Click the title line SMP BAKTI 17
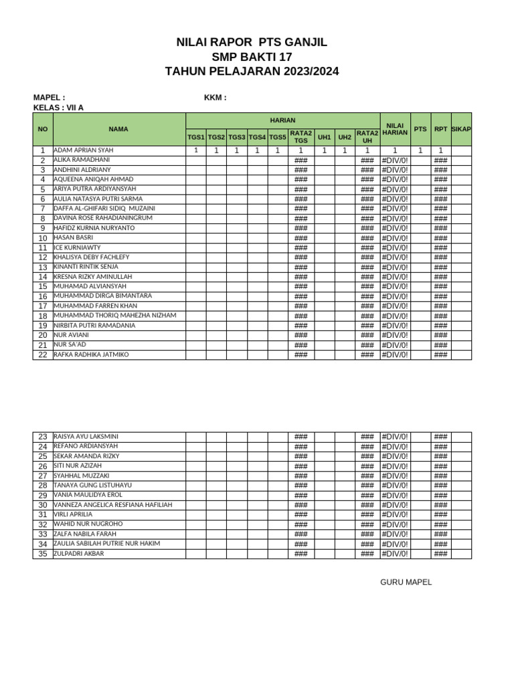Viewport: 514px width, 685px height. [x=252, y=57]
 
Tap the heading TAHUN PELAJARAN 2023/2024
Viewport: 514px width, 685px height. [x=252, y=71]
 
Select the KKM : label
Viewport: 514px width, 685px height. [x=215, y=98]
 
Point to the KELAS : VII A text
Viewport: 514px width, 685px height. [x=58, y=108]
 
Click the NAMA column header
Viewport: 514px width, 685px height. [x=118, y=129]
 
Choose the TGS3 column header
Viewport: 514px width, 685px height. [x=237, y=137]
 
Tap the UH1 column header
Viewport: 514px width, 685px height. [x=325, y=137]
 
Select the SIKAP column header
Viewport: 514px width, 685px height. [x=461, y=128]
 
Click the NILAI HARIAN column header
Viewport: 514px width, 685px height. [x=395, y=128]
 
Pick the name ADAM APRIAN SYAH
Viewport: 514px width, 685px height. [x=84, y=151]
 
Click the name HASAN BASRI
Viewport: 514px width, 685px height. [x=73, y=237]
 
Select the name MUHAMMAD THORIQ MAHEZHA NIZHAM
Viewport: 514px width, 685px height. [x=114, y=315]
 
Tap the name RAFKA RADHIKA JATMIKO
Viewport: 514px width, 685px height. [x=91, y=354]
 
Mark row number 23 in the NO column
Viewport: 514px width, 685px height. [x=42, y=437]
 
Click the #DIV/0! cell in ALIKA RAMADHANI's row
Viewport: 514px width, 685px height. [x=395, y=161]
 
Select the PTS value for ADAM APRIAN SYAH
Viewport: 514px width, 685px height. [x=420, y=151]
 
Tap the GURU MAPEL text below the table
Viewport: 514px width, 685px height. [x=406, y=582]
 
